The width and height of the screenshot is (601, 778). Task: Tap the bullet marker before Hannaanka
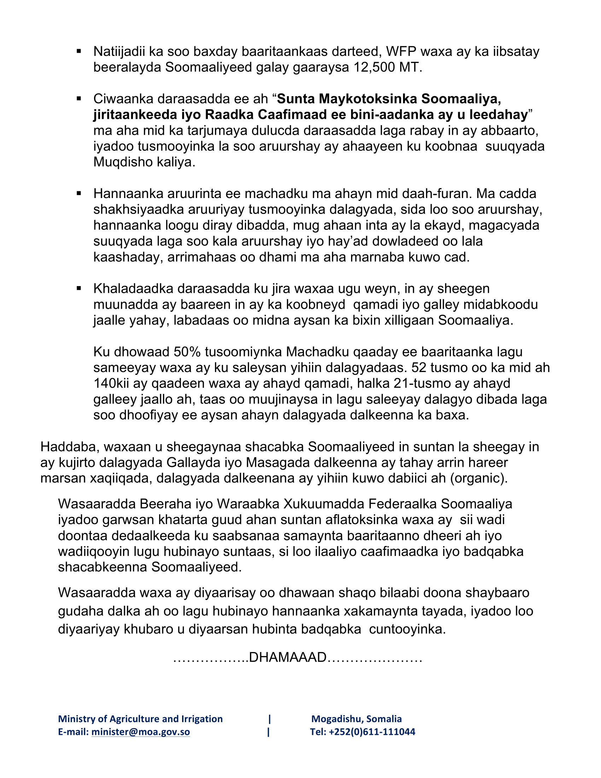(79, 193)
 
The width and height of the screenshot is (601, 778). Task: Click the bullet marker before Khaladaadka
(79, 288)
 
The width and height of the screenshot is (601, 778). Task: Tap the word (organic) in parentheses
(479, 478)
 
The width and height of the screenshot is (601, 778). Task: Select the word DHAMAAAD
(288, 657)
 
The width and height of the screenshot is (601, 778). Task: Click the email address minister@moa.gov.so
(141, 732)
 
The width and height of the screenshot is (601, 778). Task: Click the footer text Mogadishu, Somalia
(356, 719)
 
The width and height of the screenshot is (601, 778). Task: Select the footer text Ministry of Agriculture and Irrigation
(140, 719)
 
